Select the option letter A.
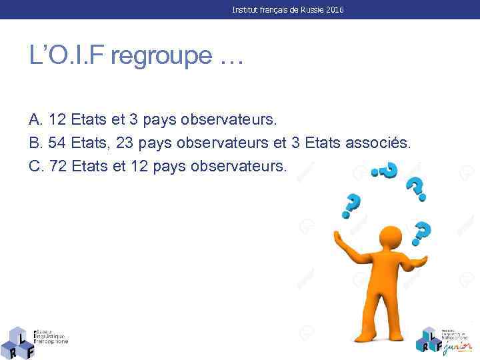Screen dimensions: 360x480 35,120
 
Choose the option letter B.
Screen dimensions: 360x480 35,143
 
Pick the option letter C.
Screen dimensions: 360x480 36,165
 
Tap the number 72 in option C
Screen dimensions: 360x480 58,165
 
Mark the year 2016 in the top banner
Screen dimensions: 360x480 335,10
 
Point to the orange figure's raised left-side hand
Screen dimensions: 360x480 339,237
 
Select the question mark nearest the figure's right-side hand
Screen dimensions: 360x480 421,234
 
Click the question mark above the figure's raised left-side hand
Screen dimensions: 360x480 351,205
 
